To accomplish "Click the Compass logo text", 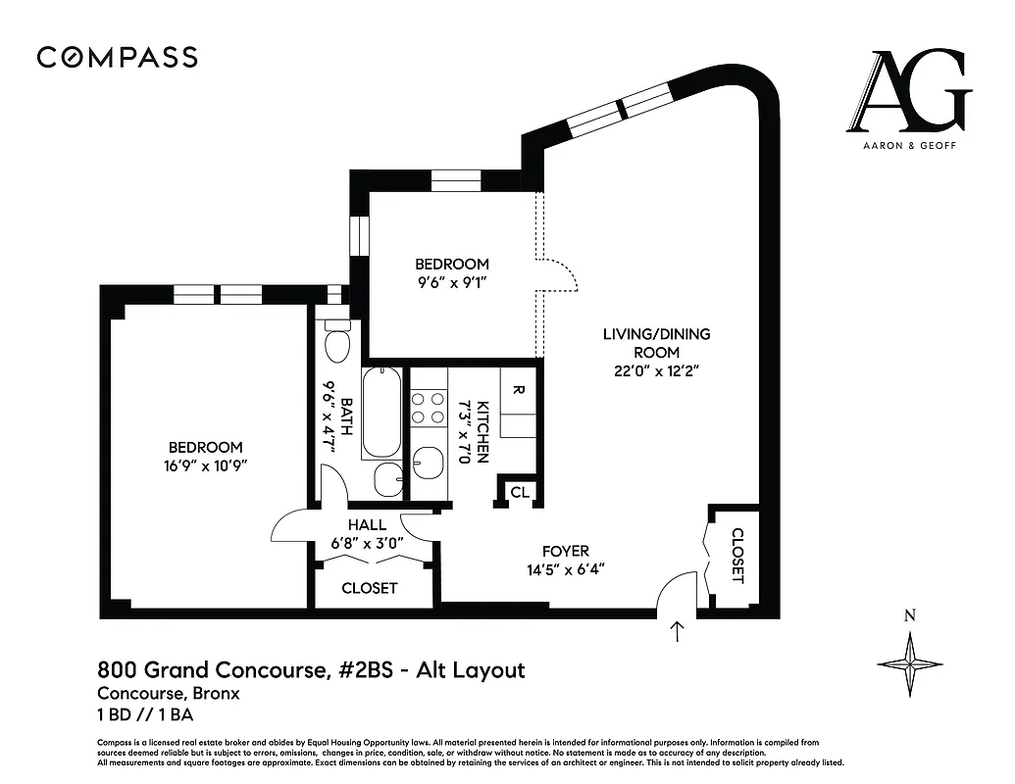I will coord(118,58).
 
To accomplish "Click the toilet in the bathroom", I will coord(337,343).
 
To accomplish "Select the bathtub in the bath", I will coord(381,413).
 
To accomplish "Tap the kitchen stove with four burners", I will coord(428,408).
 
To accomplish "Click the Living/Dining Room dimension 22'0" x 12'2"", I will coord(656,371).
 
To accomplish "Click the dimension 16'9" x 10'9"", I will coord(204,465).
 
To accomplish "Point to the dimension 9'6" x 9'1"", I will coord(451,282).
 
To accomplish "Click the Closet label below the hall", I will coord(370,588).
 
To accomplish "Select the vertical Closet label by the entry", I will coord(737,556).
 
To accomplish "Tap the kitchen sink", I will coord(429,462).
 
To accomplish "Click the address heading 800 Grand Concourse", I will coord(311,670).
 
